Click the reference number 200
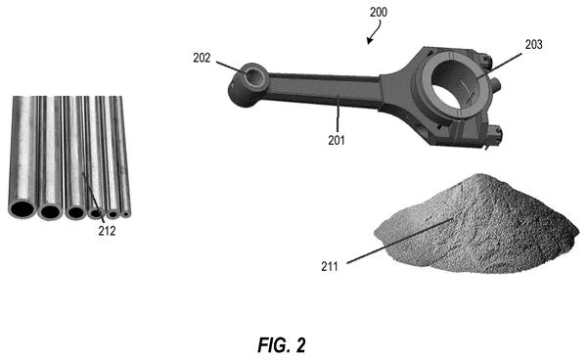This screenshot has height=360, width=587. [x=379, y=13]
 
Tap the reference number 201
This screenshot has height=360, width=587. [x=337, y=140]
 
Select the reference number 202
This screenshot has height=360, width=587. [x=202, y=58]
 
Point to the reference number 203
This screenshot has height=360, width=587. [x=533, y=45]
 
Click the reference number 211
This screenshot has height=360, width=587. [x=330, y=266]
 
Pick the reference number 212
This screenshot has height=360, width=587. [x=107, y=231]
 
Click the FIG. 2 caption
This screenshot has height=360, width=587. [x=282, y=345]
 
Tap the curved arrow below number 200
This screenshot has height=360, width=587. [x=375, y=32]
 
